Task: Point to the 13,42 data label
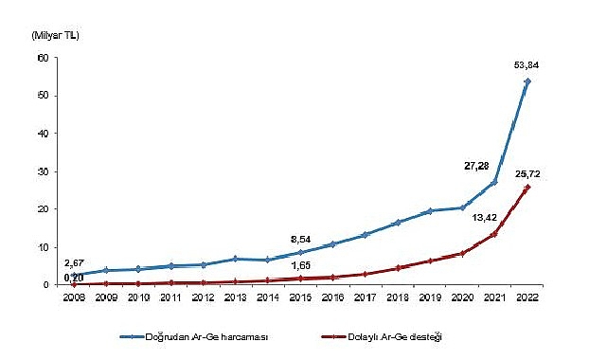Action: click(x=484, y=215)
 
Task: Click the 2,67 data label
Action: click(x=75, y=262)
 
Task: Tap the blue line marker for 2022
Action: click(x=527, y=81)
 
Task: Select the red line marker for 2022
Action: click(x=527, y=188)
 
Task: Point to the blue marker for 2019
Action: click(x=430, y=211)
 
